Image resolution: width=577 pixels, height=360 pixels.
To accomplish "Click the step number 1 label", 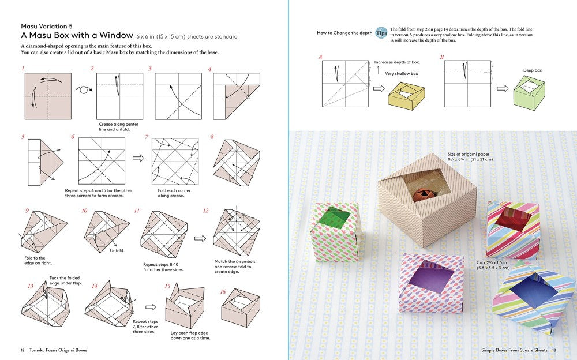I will [23, 69].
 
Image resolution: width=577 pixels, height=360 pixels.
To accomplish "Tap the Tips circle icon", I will [381, 33].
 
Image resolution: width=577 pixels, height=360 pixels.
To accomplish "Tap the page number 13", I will [553, 350].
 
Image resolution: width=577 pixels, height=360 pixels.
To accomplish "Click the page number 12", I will [23, 350].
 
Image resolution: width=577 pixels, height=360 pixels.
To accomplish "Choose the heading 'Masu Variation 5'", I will [47, 26].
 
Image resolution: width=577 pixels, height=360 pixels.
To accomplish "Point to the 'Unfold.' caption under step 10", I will [118, 250].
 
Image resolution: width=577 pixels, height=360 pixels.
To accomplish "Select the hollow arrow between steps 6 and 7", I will [138, 157].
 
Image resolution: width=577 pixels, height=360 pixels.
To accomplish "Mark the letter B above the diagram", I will [442, 57].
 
